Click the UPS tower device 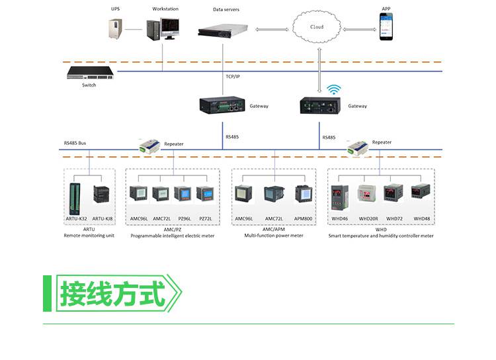[x=115, y=29]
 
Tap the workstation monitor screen [x=170, y=26]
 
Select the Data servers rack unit [x=223, y=30]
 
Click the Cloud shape [x=317, y=26]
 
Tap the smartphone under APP [x=386, y=26]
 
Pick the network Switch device [x=90, y=73]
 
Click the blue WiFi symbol [x=334, y=89]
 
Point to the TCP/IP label [x=233, y=77]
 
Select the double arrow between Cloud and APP [x=360, y=29]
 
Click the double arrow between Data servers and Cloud [x=272, y=30]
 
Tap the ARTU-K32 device [x=75, y=199]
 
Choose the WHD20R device [x=366, y=193]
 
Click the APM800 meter [x=304, y=194]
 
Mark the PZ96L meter [x=183, y=194]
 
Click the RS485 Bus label [x=75, y=143]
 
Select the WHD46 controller [x=340, y=198]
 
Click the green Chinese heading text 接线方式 [x=112, y=294]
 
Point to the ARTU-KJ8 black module [x=101, y=194]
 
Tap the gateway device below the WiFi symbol [x=320, y=105]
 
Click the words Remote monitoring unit [x=89, y=236]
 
